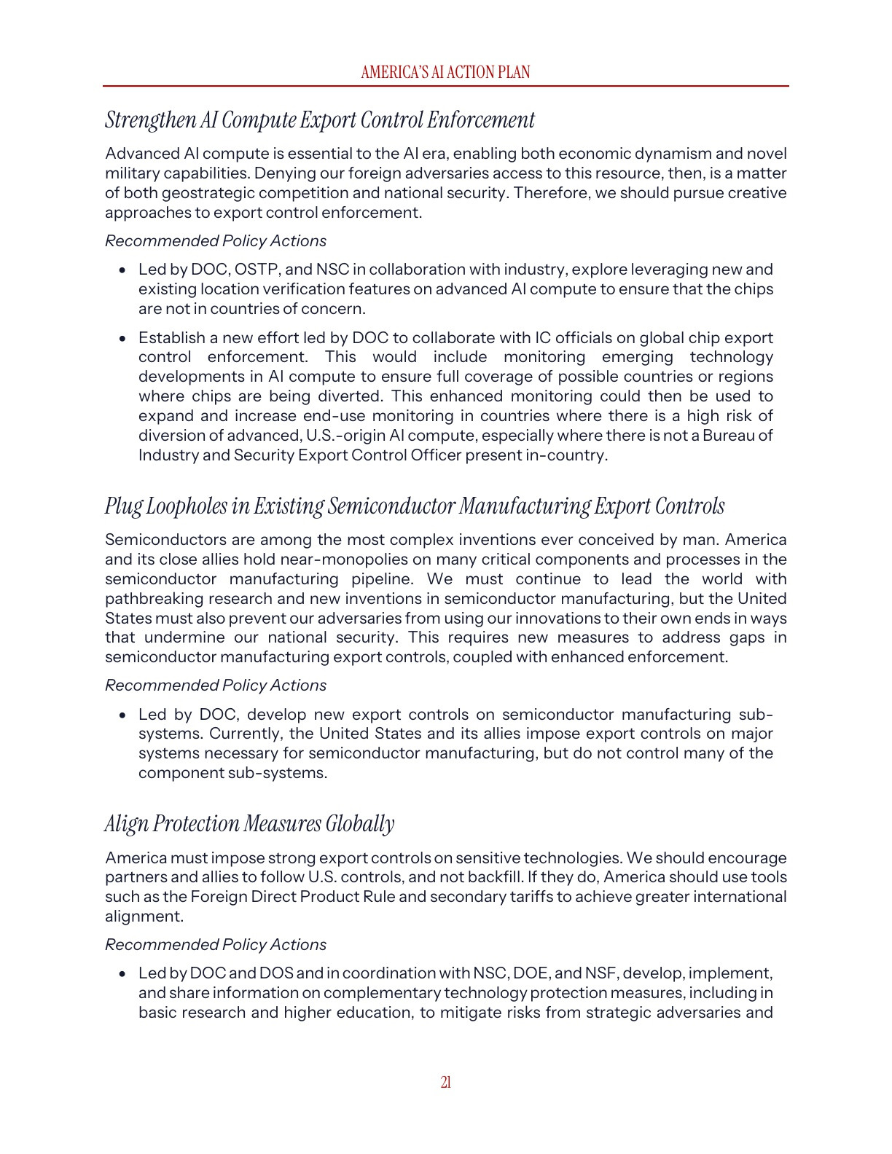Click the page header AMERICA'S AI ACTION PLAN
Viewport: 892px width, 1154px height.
coord(445,72)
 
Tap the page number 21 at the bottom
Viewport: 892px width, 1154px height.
coord(445,1082)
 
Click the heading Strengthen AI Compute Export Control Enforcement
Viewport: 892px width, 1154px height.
coord(319,120)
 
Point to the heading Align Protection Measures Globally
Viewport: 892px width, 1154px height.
coord(249,823)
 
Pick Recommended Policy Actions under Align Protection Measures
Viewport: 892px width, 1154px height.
coord(216,945)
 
